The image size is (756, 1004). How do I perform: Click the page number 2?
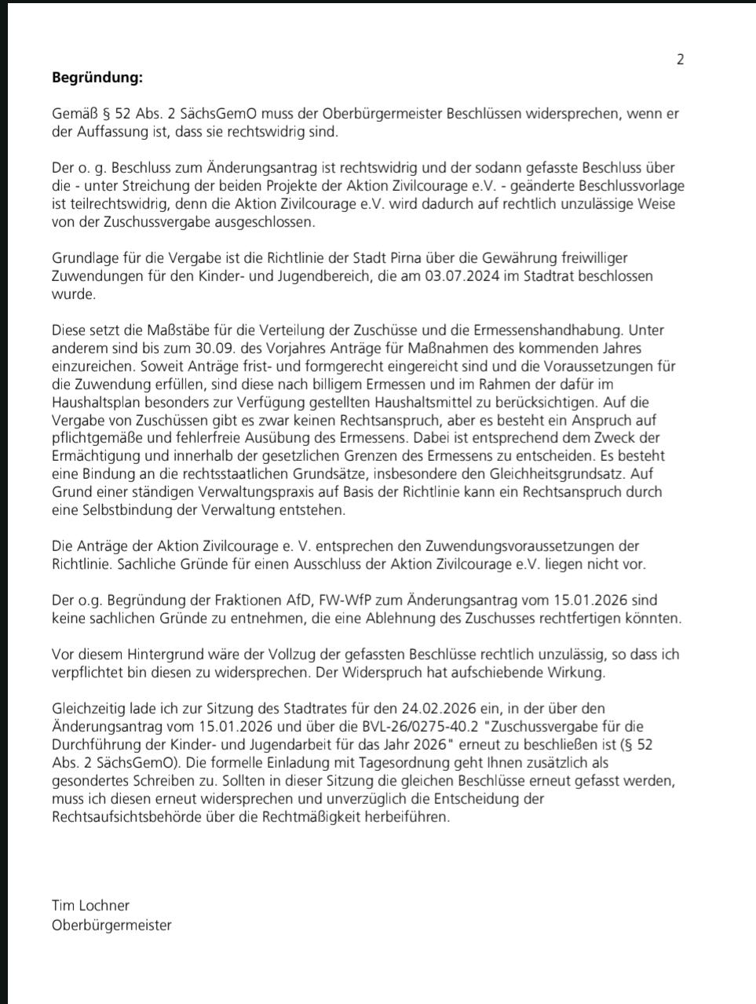(680, 59)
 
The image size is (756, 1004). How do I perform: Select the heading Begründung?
(97, 78)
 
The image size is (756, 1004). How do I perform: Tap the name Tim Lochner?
(90, 905)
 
